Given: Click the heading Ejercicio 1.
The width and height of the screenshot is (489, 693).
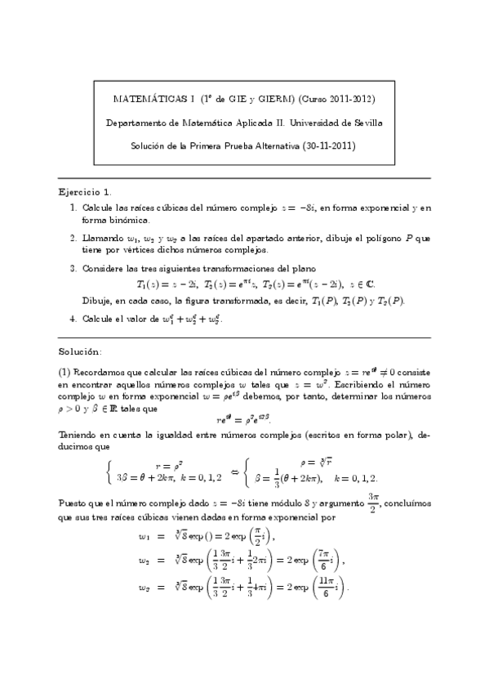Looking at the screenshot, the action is click(x=86, y=191).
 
